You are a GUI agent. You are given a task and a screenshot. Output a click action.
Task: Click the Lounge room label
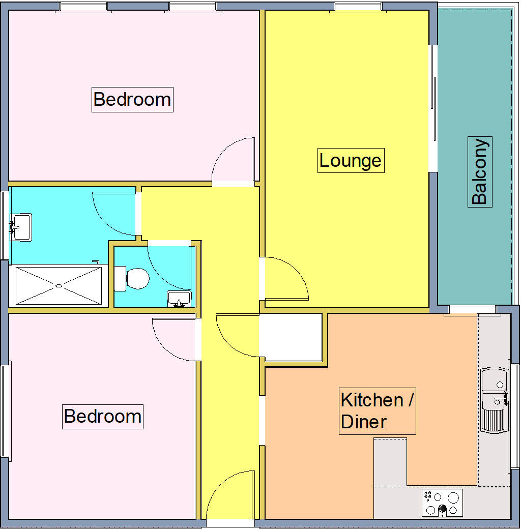click(x=351, y=160)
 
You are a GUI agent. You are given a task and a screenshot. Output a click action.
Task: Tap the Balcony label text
click(x=480, y=171)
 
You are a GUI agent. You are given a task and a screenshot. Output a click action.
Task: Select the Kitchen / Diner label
click(x=377, y=411)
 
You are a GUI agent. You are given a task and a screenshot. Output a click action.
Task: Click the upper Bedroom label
click(x=132, y=99)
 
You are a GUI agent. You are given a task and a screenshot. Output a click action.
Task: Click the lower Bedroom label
click(x=103, y=416)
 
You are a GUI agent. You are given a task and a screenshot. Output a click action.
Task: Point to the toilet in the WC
click(x=133, y=279)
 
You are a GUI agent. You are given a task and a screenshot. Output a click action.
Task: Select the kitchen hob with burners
click(x=442, y=503)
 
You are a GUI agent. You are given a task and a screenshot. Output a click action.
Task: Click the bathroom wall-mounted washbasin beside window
click(x=21, y=226)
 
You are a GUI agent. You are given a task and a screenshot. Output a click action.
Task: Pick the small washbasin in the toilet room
click(x=179, y=298)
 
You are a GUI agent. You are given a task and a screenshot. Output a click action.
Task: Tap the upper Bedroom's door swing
click(x=234, y=160)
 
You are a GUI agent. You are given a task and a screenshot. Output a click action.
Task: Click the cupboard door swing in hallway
click(x=237, y=336)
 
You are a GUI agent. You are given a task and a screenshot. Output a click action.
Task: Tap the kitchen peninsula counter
click(x=390, y=460)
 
